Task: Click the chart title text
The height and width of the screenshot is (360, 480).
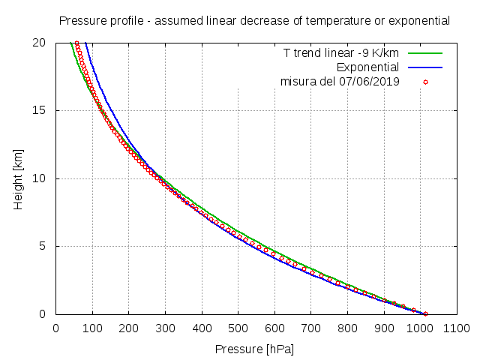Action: coord(254,20)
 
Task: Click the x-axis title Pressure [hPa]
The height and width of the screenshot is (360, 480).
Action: coord(254,349)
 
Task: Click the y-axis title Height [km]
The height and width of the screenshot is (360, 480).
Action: coord(19,178)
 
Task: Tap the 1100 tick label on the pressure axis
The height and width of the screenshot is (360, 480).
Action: coord(456,328)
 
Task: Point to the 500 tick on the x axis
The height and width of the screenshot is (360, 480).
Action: coord(238,328)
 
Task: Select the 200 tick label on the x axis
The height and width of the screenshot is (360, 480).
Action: coord(128,328)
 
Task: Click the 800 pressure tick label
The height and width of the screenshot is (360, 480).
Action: coord(347,328)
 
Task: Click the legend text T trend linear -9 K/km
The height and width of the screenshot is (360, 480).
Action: coord(340,53)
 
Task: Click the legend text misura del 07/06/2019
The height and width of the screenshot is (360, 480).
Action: coord(340,80)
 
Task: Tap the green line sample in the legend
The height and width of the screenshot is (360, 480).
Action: coord(424,53)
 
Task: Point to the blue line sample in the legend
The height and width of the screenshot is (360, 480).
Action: coord(424,67)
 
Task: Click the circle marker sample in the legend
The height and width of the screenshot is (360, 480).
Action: coord(424,80)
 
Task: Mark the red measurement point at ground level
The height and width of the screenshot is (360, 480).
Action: coord(425,313)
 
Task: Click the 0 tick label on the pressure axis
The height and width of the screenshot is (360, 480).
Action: coord(55,328)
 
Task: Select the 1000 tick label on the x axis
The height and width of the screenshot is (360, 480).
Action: coord(420,328)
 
